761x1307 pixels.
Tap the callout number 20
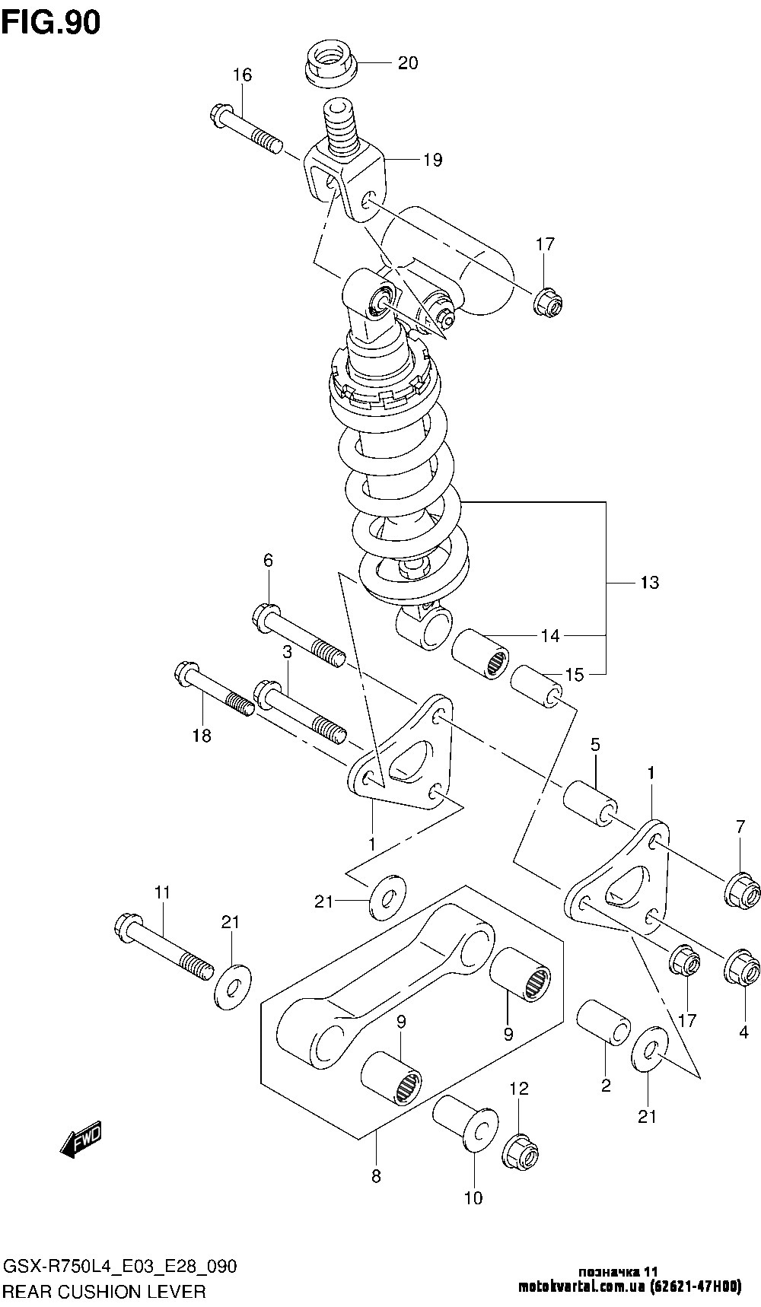click(x=408, y=63)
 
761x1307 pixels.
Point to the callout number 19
click(x=432, y=160)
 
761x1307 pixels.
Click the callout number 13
click(x=649, y=583)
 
